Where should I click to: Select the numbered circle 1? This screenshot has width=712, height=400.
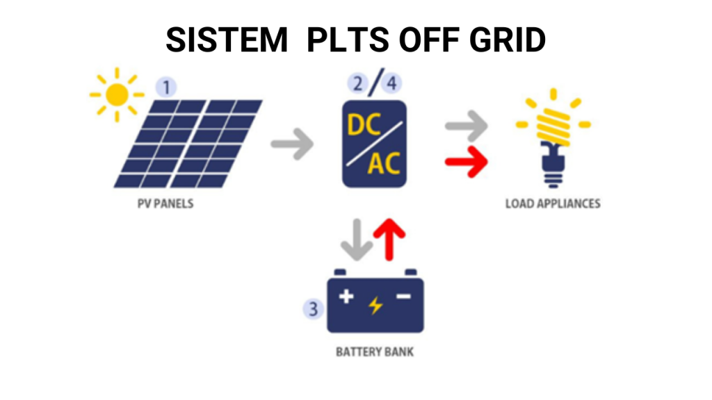pyautogui.click(x=167, y=87)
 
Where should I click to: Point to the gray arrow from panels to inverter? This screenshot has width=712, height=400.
pyautogui.click(x=292, y=144)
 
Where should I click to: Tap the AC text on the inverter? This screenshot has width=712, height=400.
pyautogui.click(x=384, y=164)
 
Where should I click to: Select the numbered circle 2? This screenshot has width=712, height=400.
pyautogui.click(x=358, y=85)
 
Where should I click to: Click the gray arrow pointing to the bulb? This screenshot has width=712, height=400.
pyautogui.click(x=465, y=126)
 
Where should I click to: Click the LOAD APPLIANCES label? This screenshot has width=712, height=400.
pyautogui.click(x=553, y=204)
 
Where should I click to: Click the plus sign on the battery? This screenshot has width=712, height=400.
pyautogui.click(x=346, y=297)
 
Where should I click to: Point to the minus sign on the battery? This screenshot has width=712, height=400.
pyautogui.click(x=404, y=297)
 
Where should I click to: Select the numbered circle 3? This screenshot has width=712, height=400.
pyautogui.click(x=314, y=309)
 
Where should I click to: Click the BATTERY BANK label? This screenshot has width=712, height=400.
pyautogui.click(x=374, y=351)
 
